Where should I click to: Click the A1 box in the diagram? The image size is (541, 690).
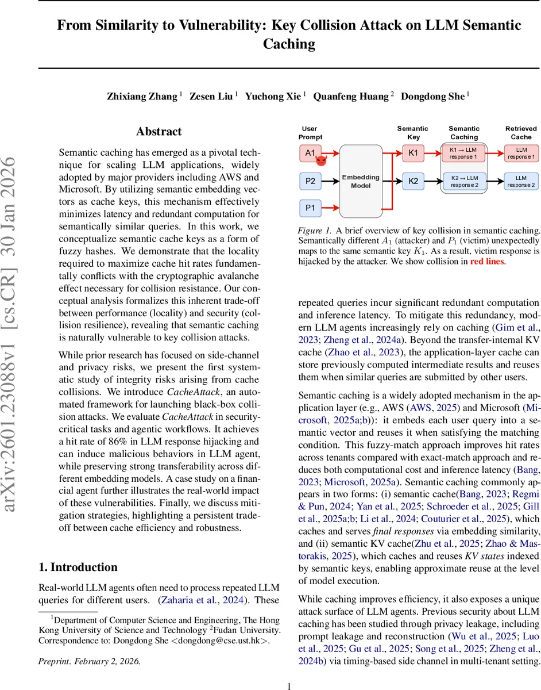click(310, 154)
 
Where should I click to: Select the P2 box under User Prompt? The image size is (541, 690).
click(310, 182)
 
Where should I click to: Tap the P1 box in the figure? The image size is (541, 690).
click(310, 208)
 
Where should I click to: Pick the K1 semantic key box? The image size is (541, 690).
click(414, 154)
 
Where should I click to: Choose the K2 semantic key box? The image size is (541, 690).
click(414, 182)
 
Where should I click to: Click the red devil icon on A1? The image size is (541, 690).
click(322, 160)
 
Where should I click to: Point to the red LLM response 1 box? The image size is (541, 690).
click(521, 154)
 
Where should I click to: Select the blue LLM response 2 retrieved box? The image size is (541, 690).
click(521, 182)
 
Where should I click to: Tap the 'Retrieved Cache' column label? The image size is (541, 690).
click(521, 133)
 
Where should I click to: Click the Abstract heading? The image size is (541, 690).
click(160, 132)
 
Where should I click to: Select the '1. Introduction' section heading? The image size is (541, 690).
click(78, 567)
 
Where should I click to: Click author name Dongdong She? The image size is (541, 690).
click(433, 97)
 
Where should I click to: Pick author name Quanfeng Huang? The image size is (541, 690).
click(350, 97)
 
